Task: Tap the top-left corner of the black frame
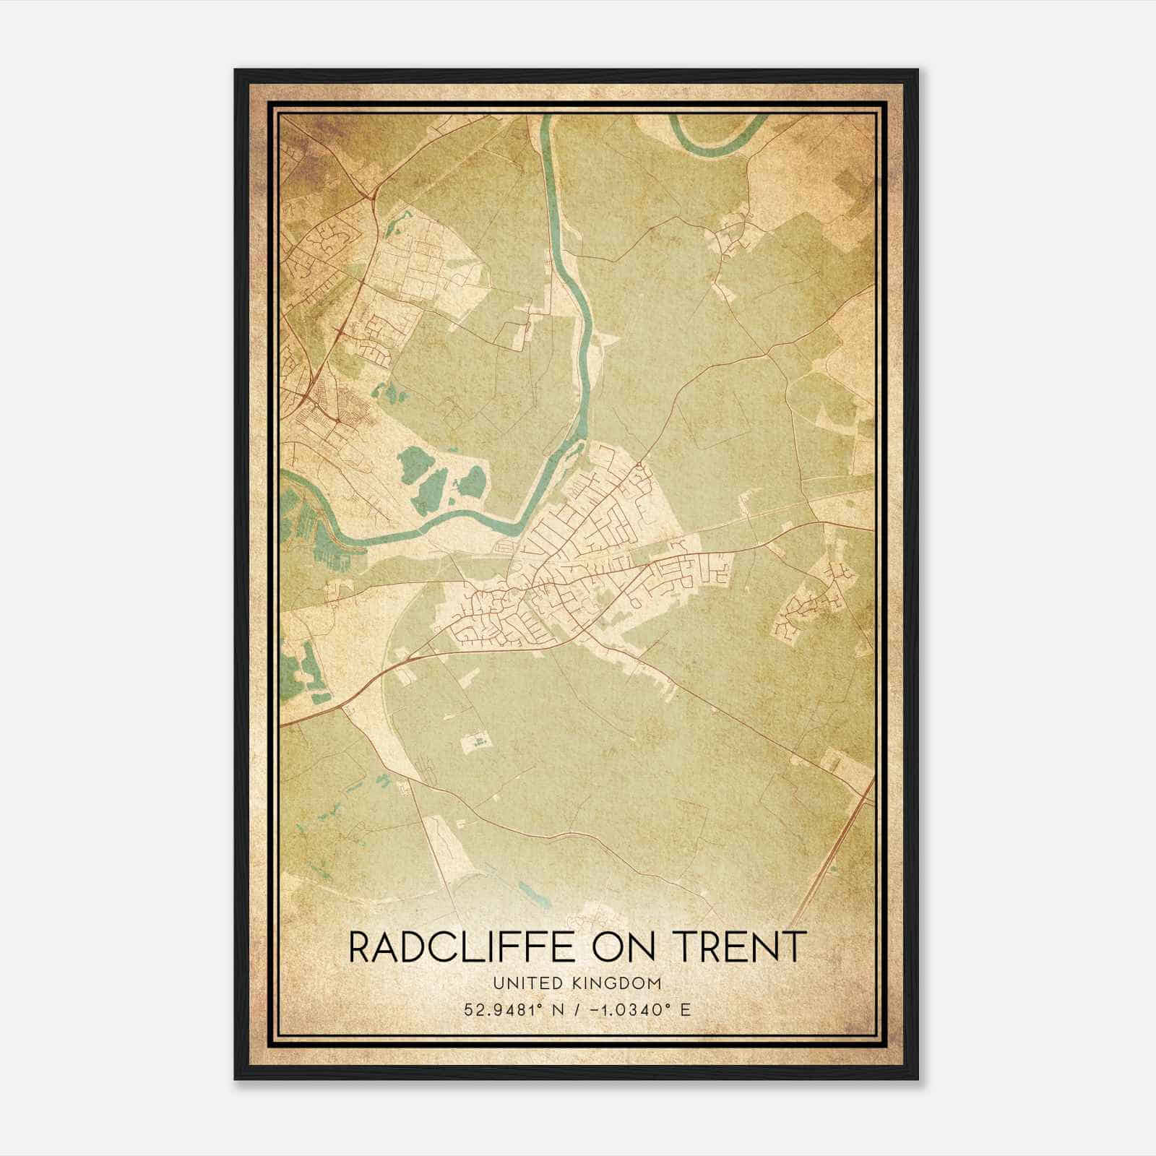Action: (236, 71)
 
